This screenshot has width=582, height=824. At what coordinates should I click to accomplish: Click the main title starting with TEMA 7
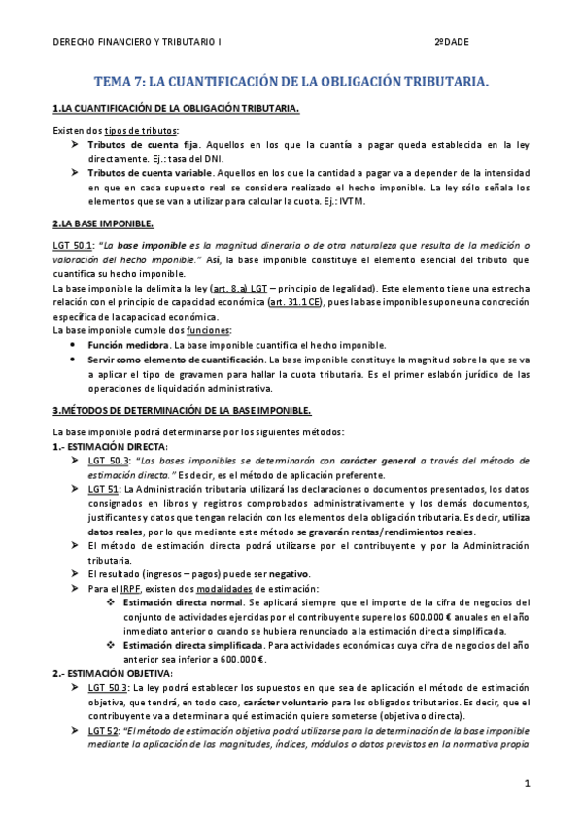point(291,83)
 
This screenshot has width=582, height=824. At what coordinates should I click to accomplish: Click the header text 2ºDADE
point(452,43)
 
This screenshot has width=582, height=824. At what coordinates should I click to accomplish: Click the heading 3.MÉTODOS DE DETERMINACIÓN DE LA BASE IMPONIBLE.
point(182,411)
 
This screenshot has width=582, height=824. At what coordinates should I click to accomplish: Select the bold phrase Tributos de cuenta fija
point(137,144)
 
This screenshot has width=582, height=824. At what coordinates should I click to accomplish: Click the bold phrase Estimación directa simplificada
point(194,644)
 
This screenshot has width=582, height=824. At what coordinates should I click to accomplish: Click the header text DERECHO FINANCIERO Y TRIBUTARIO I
point(137,43)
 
